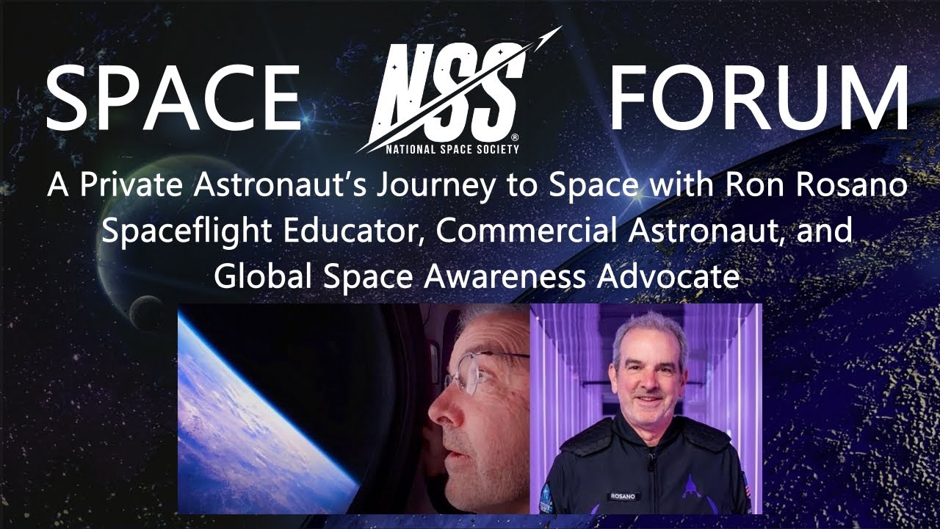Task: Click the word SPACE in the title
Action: click(x=173, y=98)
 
